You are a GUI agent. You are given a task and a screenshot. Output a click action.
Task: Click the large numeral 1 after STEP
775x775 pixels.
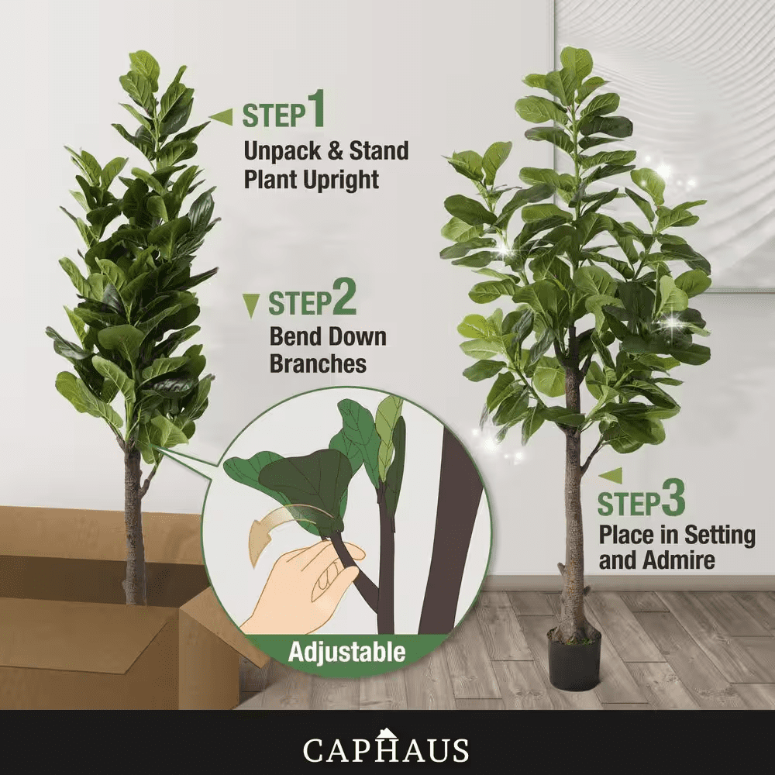[316, 108]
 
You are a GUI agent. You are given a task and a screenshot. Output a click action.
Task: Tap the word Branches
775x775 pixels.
[318, 363]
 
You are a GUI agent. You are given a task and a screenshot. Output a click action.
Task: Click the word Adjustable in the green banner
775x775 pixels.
[347, 652]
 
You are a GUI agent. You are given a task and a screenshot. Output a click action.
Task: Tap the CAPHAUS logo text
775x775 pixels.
[385, 749]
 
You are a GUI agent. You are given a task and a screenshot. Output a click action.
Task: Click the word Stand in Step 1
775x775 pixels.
[379, 151]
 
